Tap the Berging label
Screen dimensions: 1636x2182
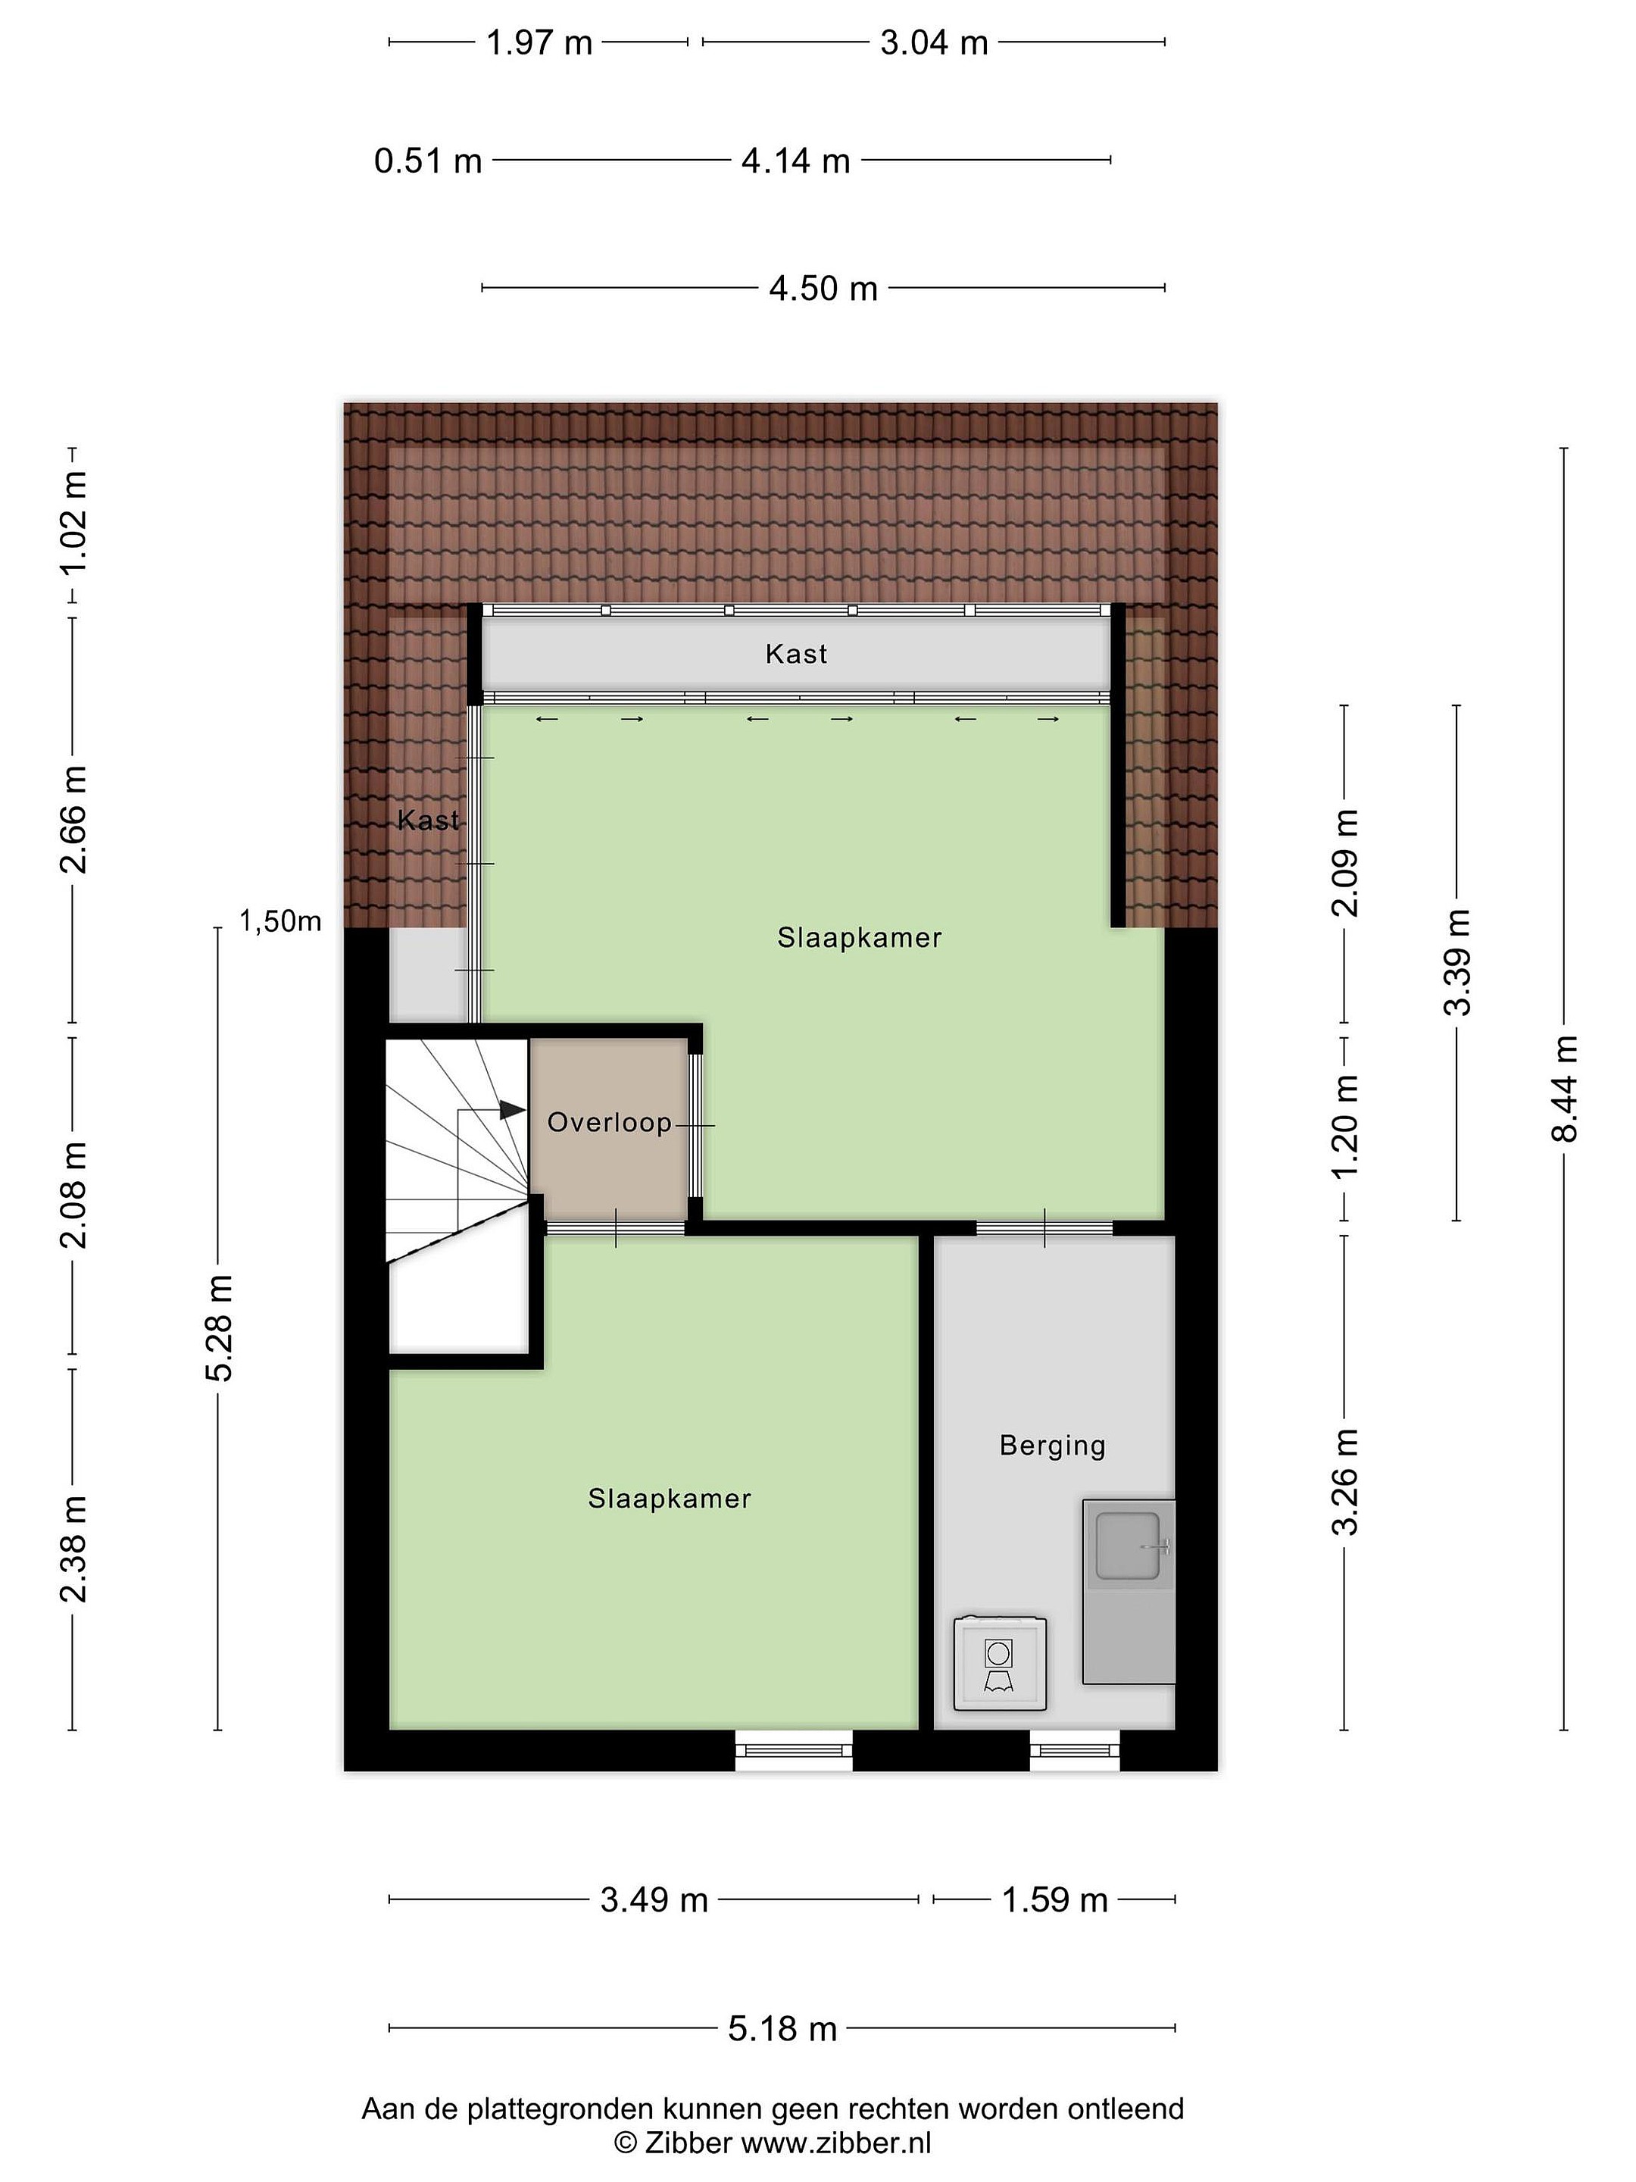(1052, 1446)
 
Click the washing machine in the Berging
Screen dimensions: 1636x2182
(999, 1663)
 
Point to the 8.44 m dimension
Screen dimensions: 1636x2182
(1564, 1088)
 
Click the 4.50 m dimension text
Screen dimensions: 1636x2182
(823, 288)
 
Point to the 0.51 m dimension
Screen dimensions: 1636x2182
(428, 160)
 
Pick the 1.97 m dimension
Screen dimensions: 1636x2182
(539, 42)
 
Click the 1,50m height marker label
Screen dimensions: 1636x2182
(280, 921)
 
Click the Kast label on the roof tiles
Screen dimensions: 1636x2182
(428, 820)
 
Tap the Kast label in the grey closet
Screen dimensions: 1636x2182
(796, 654)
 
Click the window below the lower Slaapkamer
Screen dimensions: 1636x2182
(794, 1750)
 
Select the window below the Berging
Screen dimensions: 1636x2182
(1075, 1750)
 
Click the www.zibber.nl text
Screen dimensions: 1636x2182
(836, 2143)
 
